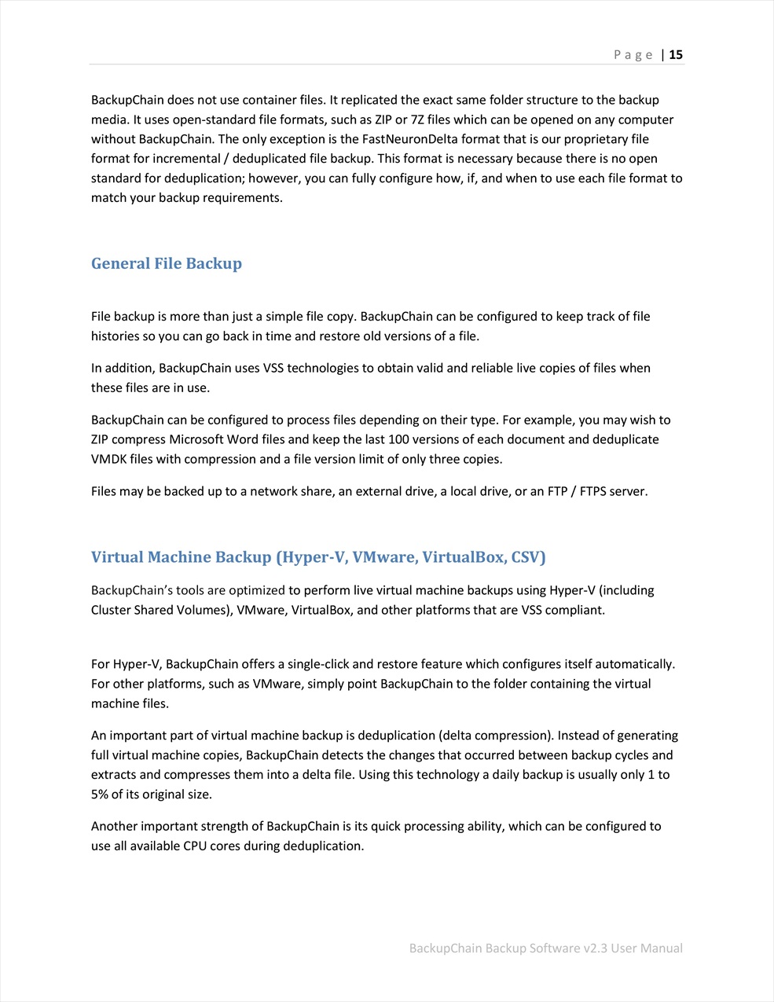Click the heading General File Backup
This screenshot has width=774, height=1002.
pyautogui.click(x=167, y=263)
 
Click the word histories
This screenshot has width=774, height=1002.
pyautogui.click(x=116, y=336)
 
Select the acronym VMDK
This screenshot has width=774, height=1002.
pyautogui.click(x=108, y=459)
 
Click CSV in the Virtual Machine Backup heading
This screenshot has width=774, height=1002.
pyautogui.click(x=526, y=557)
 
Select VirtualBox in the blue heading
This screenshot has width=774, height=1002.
pyautogui.click(x=464, y=557)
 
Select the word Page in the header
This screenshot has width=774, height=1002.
pyautogui.click(x=633, y=54)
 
